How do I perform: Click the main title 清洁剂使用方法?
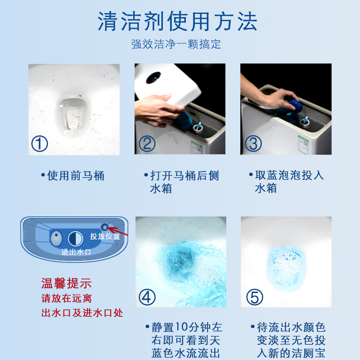click(180, 22)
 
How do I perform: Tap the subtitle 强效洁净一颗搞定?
click(176, 44)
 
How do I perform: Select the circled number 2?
click(146, 144)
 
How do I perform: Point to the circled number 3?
click(253, 144)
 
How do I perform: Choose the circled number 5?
click(253, 297)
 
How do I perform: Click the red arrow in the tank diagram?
click(118, 231)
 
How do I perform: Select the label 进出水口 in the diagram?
click(76, 252)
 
